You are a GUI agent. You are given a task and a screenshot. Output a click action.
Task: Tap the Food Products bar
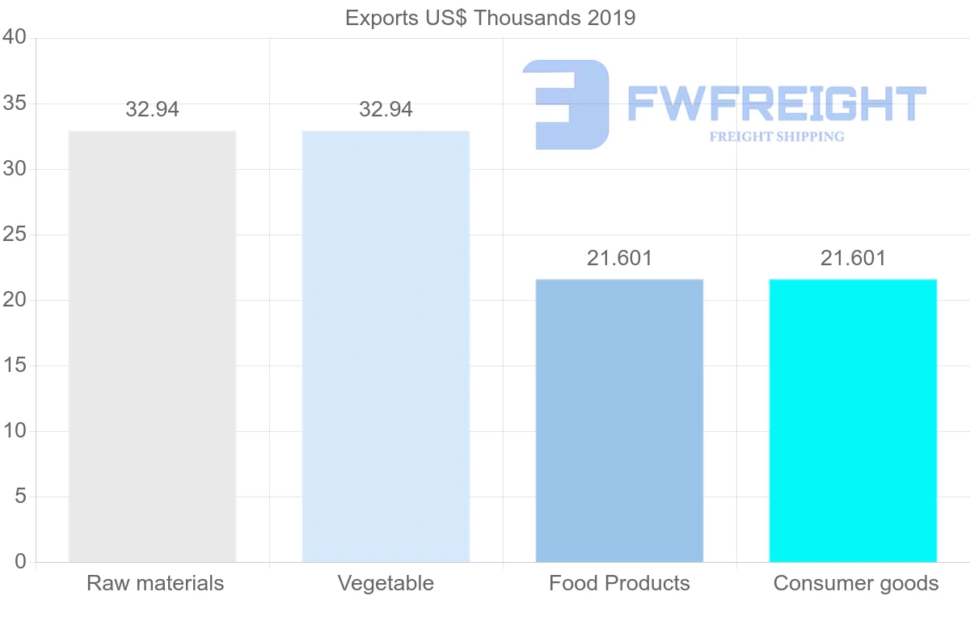(x=619, y=420)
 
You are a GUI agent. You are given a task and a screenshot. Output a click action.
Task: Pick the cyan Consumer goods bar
(x=853, y=420)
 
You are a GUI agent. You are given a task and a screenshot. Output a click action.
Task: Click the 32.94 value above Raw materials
(x=152, y=110)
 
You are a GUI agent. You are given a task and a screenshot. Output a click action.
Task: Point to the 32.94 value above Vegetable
(x=386, y=110)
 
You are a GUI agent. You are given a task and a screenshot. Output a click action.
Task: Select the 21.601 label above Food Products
(x=619, y=259)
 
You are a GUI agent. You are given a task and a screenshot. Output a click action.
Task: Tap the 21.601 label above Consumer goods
(x=853, y=259)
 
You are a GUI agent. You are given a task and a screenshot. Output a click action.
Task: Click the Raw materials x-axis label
(x=155, y=583)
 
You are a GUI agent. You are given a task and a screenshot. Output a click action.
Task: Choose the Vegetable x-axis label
(x=386, y=583)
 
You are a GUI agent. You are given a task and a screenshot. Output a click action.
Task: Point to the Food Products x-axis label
(x=619, y=583)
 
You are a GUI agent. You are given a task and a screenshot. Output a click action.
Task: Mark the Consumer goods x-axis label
(x=856, y=583)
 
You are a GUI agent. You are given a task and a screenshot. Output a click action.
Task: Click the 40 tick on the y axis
(x=15, y=38)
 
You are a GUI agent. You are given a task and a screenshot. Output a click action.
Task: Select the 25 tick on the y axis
(x=15, y=235)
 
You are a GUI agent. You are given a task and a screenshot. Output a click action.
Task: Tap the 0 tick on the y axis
(x=21, y=562)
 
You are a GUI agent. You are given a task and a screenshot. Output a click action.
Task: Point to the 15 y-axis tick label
(x=15, y=366)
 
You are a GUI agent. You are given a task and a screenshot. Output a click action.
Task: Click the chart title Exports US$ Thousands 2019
(x=490, y=18)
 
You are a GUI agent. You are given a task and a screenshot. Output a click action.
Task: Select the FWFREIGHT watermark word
(x=776, y=104)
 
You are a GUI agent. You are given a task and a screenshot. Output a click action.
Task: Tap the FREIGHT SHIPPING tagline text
(x=777, y=137)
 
